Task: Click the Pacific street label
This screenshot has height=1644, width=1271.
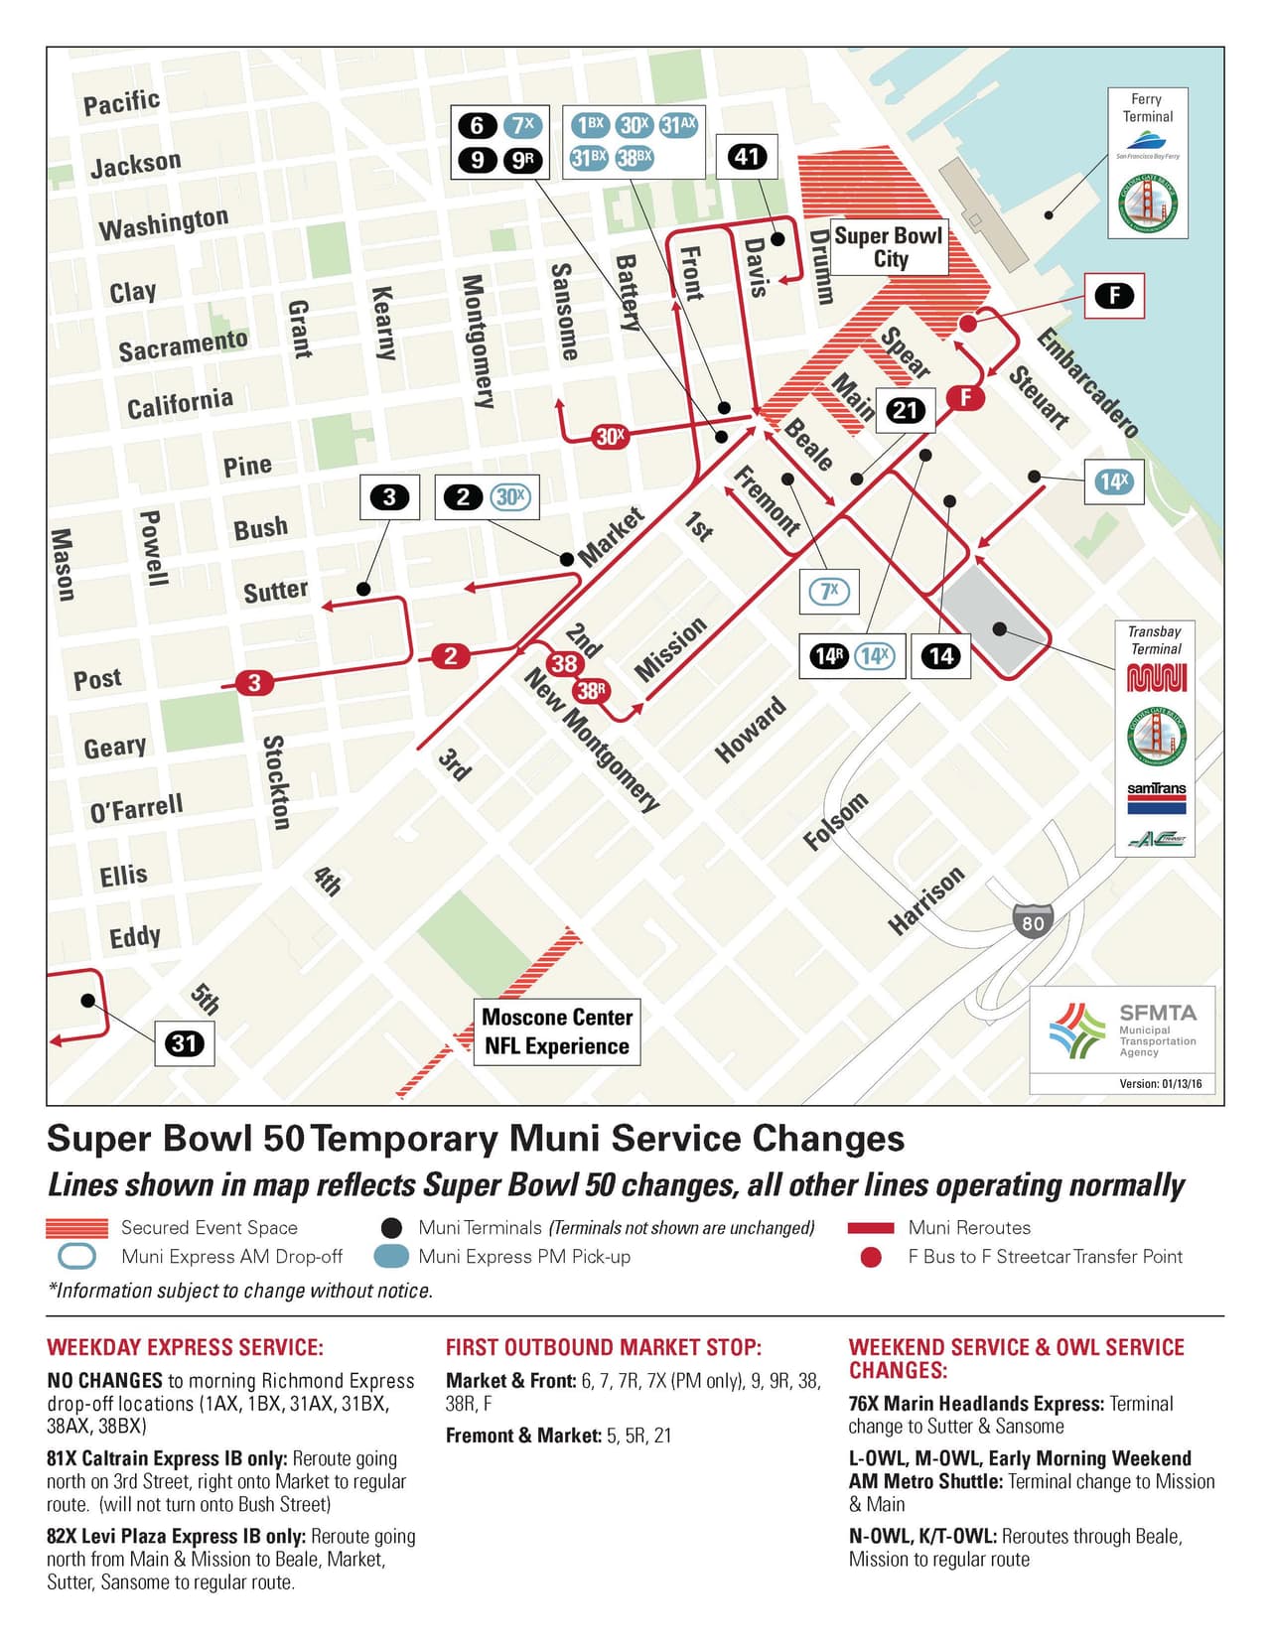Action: (x=121, y=102)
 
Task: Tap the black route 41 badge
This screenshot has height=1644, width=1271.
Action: (x=747, y=156)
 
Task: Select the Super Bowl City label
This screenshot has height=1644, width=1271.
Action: (x=889, y=247)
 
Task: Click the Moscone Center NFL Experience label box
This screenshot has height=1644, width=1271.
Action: (x=556, y=1031)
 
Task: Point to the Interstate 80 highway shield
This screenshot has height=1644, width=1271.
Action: (x=1033, y=922)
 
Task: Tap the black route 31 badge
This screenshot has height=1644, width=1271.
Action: (x=184, y=1043)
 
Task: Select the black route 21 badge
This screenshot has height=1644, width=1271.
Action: (x=905, y=410)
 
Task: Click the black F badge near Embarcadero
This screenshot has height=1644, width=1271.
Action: (x=1114, y=295)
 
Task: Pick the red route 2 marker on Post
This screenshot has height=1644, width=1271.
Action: (x=451, y=655)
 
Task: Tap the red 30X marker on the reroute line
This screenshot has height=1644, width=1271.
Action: (x=611, y=436)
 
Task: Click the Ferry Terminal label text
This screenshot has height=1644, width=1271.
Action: (x=1147, y=107)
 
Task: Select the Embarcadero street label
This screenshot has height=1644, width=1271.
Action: (x=1087, y=382)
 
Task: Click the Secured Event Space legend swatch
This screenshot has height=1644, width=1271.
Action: (x=76, y=1228)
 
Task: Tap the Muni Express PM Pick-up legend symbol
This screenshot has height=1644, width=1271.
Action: (x=391, y=1256)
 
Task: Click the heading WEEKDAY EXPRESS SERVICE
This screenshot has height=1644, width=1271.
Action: (x=185, y=1347)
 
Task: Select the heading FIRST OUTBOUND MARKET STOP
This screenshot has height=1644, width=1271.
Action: (x=603, y=1347)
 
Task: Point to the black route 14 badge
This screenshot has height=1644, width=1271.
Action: (x=940, y=655)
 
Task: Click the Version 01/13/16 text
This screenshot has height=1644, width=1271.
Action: (x=1160, y=1083)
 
